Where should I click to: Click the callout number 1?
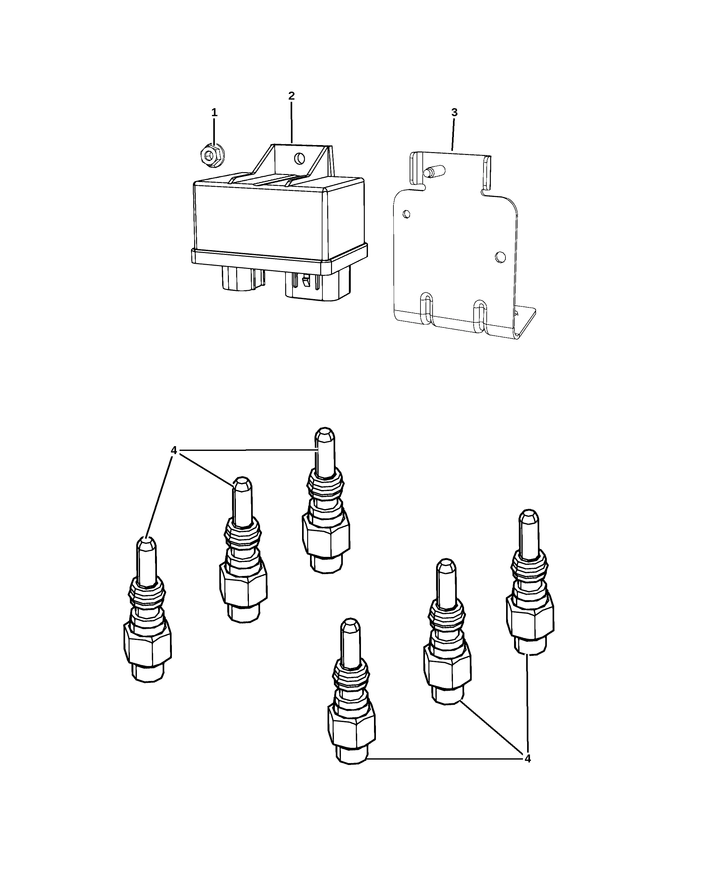214,112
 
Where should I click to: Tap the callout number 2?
291,95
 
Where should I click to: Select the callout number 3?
454,112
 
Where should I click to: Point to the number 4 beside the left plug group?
173,451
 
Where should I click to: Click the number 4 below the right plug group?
527,759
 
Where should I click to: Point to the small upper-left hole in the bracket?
406,214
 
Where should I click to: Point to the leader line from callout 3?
454,134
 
